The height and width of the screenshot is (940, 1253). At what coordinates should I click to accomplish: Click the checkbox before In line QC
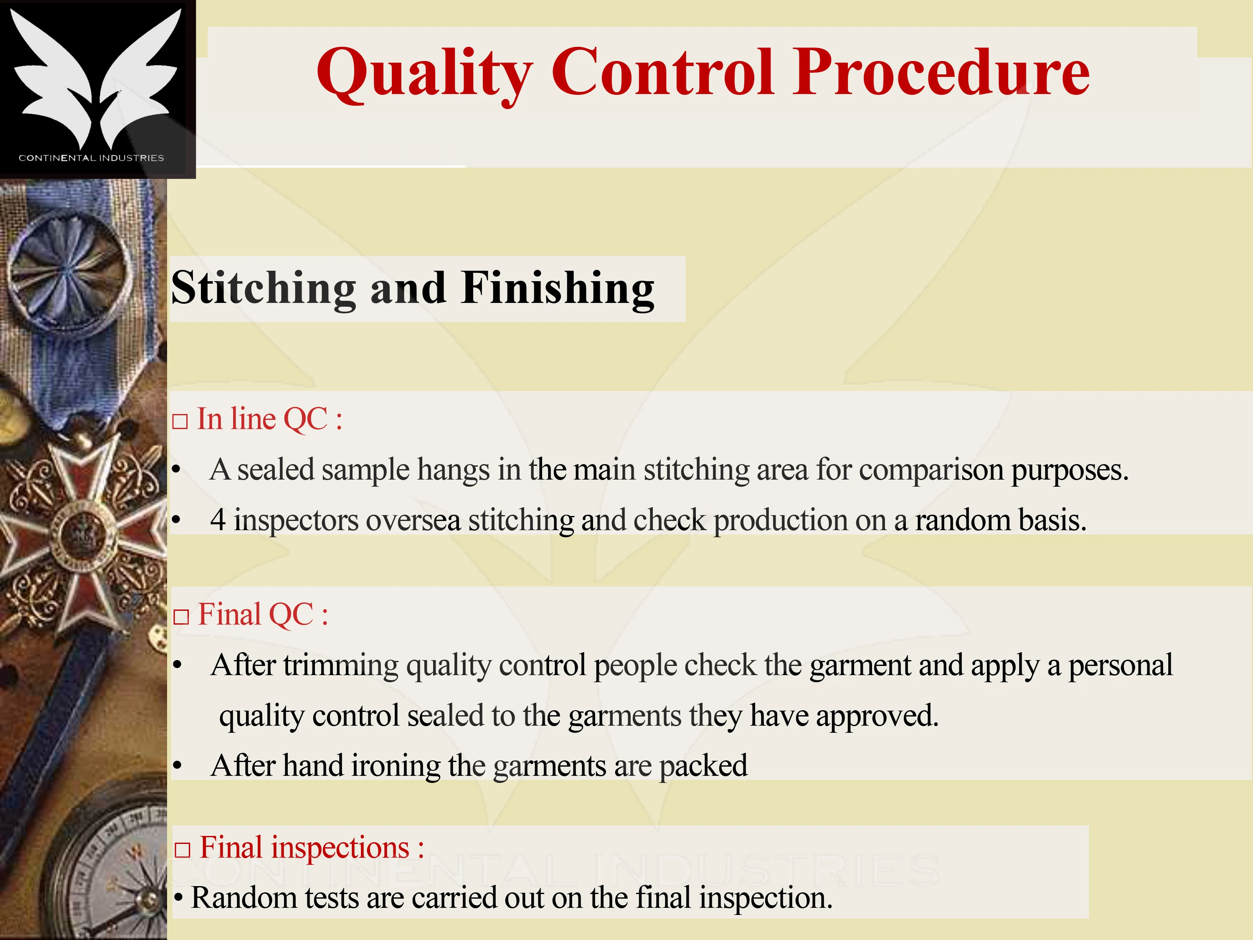[x=180, y=422]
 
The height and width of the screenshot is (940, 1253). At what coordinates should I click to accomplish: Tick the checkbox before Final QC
[x=181, y=617]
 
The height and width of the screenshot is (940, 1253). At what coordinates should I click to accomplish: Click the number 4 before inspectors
[x=218, y=520]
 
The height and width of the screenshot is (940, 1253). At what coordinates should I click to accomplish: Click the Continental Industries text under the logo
[x=91, y=158]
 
